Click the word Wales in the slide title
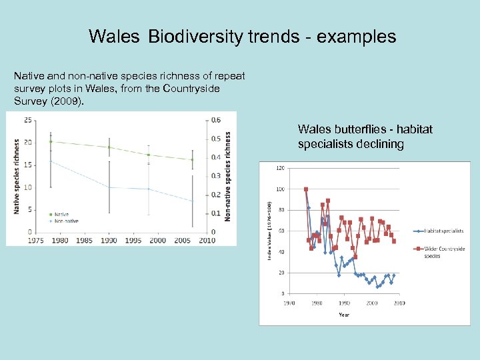[x=114, y=37]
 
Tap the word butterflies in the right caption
[x=359, y=129]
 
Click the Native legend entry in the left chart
[x=61, y=214]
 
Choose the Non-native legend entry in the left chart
[x=65, y=221]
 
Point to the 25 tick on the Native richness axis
[x=27, y=120]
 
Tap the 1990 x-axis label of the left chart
[x=109, y=240]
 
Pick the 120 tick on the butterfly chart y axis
[x=280, y=168]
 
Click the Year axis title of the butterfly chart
[x=343, y=314]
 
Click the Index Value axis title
[x=270, y=230]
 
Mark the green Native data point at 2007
[x=192, y=160]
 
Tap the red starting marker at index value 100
[x=306, y=189]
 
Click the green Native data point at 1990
[x=109, y=147]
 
